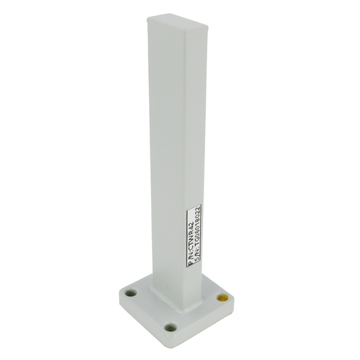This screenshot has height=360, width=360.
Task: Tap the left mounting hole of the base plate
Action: point(131,294)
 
